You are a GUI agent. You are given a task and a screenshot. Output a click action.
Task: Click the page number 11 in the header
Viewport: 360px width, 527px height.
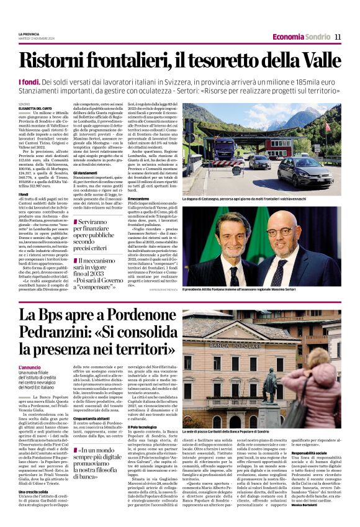tap(338, 37)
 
